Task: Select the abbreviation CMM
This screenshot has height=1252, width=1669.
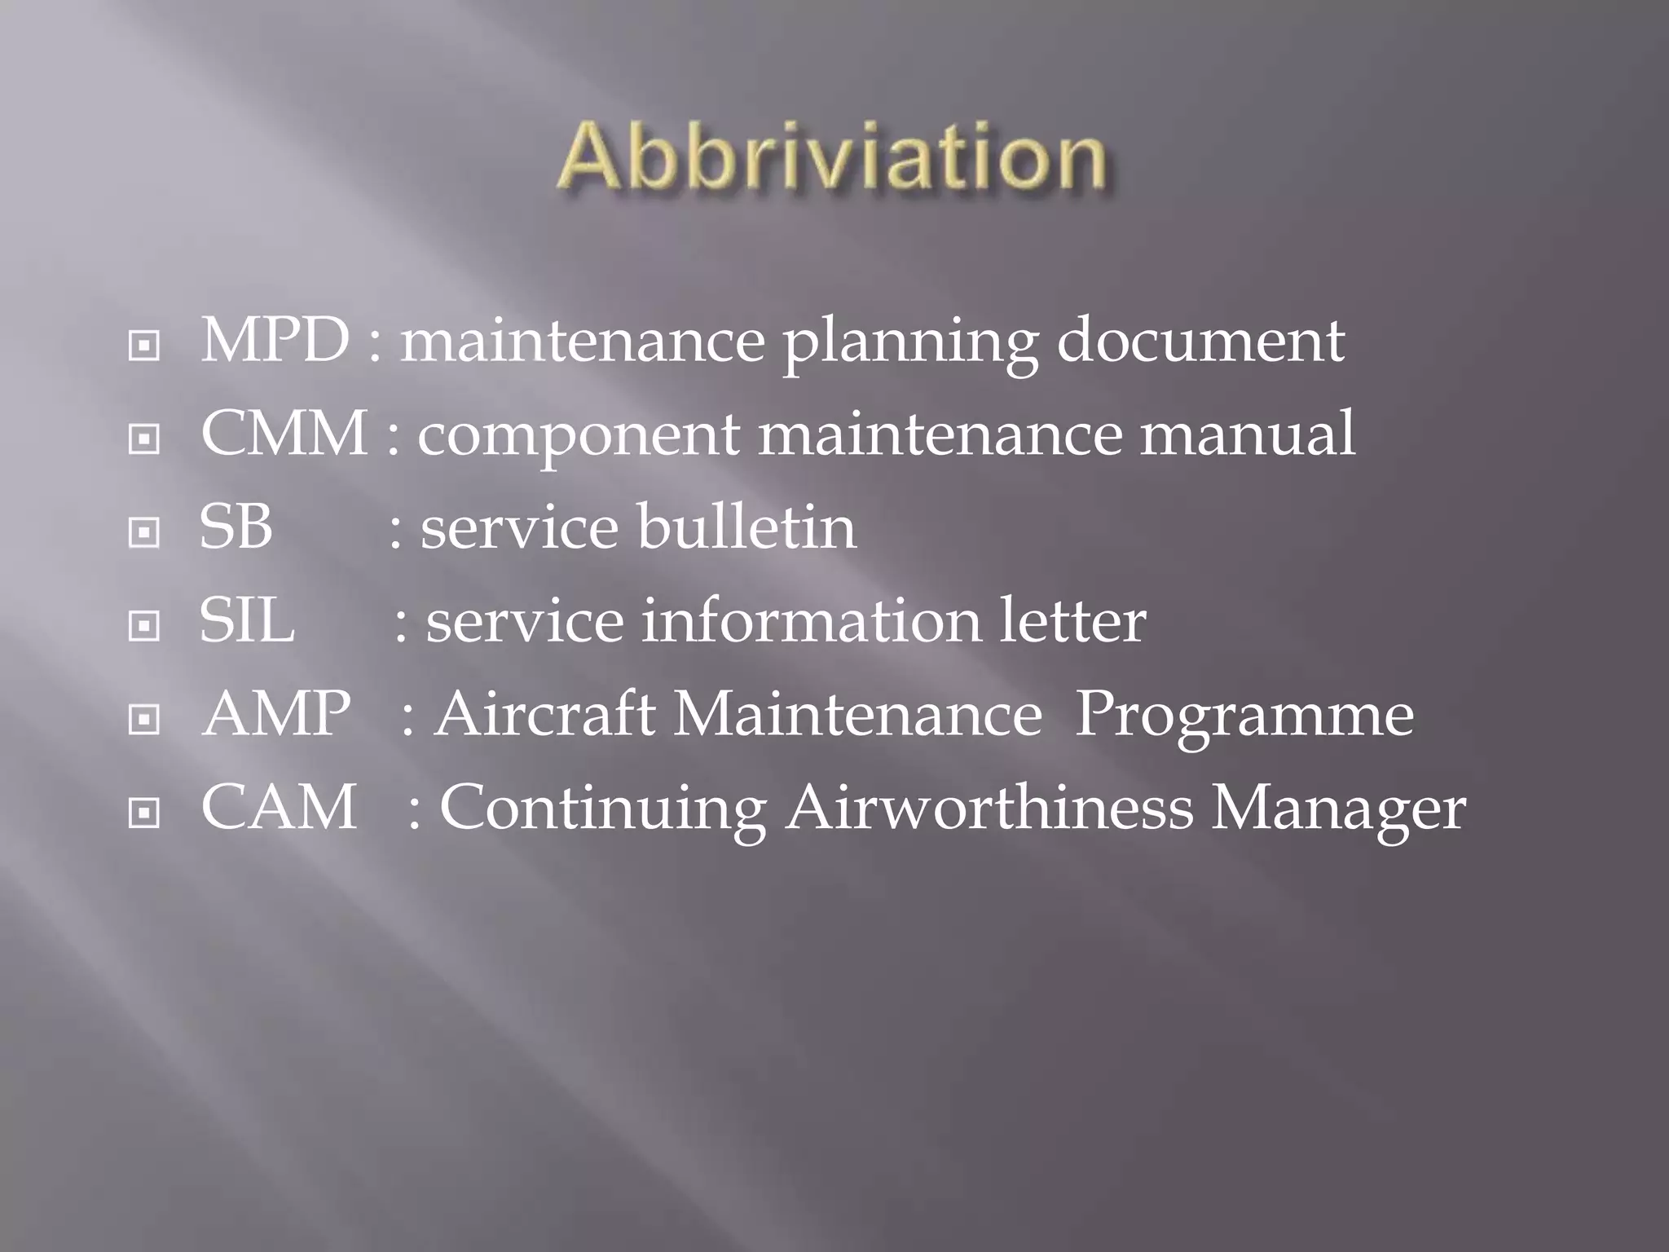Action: tap(284, 433)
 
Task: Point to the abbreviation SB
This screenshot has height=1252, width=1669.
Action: tap(236, 527)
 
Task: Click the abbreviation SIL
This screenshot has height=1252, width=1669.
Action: tap(247, 620)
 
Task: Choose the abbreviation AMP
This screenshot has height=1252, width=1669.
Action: tap(276, 714)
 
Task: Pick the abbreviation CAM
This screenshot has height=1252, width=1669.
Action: tap(279, 808)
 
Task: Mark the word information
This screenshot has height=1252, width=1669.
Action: tap(812, 620)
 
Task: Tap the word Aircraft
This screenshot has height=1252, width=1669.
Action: tap(544, 714)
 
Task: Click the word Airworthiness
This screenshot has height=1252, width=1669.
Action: tap(989, 808)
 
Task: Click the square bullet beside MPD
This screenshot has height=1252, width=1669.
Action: tap(144, 346)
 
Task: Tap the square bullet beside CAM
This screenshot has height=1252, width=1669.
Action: tap(144, 813)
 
